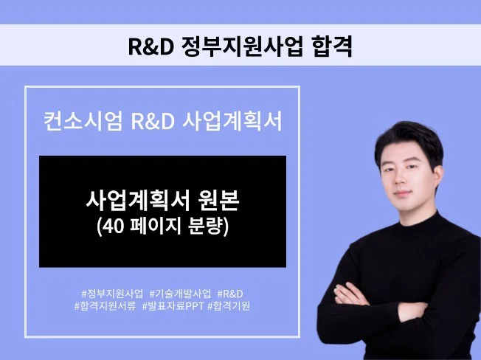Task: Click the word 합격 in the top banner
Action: (331, 46)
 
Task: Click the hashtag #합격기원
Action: (229, 305)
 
